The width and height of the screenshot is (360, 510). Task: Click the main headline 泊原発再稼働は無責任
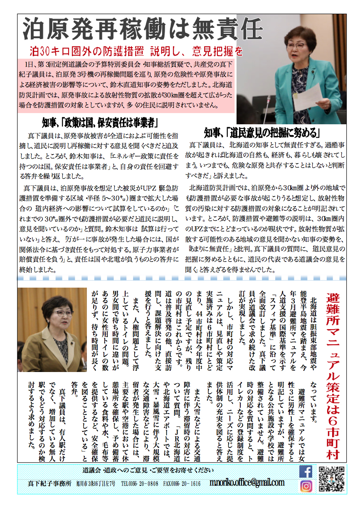coord(141,30)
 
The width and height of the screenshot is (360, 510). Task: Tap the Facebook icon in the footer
coord(306,471)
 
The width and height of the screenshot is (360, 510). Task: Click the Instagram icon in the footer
coord(306,486)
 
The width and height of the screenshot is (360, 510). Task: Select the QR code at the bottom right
coord(331,478)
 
